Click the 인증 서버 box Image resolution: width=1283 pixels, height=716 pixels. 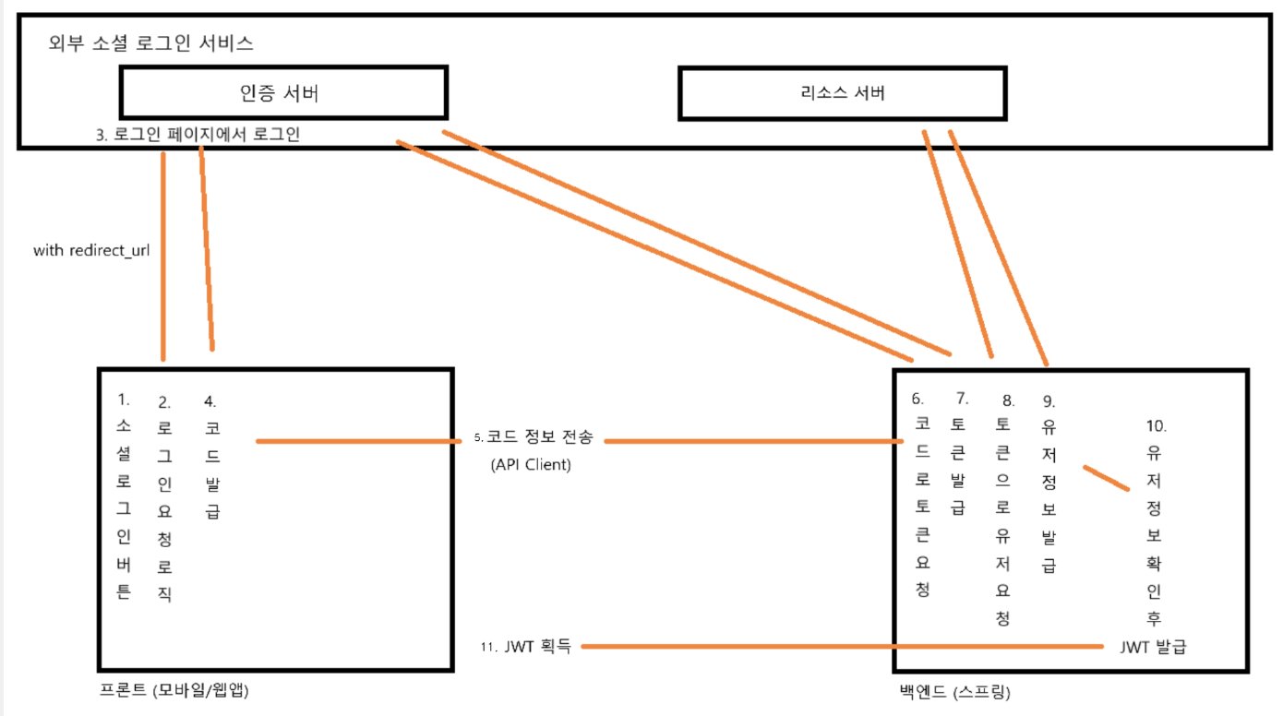pos(283,92)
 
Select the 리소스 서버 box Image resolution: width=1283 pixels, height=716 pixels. pos(842,92)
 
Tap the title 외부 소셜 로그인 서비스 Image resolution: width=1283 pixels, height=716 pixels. pos(151,43)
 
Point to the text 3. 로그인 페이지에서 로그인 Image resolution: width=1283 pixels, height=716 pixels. pos(198,134)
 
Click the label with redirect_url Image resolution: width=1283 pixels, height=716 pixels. pos(91,250)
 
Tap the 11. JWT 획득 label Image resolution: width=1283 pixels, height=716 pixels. pos(525,647)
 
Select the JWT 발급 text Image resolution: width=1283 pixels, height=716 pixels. pos(1152,647)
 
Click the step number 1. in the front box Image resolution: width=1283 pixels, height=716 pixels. pos(124,400)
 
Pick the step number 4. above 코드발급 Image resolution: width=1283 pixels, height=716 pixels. pos(210,401)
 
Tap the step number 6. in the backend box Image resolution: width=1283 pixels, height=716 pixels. pos(917,399)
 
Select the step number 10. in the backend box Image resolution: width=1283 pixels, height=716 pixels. pos(1157,426)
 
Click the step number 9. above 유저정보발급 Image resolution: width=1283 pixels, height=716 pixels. pos(1049,401)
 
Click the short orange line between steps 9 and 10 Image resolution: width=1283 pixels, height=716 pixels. pos(1106,478)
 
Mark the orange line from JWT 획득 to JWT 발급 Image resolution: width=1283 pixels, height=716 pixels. pos(840,647)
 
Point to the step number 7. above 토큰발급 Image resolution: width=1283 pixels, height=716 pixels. pos(962,399)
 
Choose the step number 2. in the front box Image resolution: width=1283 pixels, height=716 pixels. pos(164,402)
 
